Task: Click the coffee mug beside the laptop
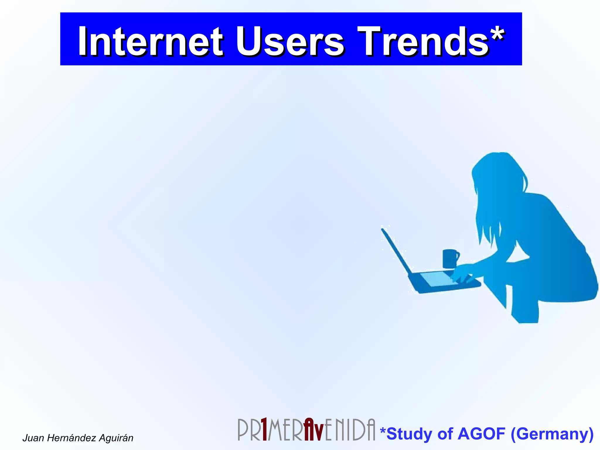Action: click(x=450, y=258)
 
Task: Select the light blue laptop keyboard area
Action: click(x=437, y=279)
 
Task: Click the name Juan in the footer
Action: click(x=34, y=438)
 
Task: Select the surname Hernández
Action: click(x=71, y=438)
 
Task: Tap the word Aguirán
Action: click(x=116, y=438)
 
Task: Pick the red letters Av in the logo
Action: click(x=313, y=430)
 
